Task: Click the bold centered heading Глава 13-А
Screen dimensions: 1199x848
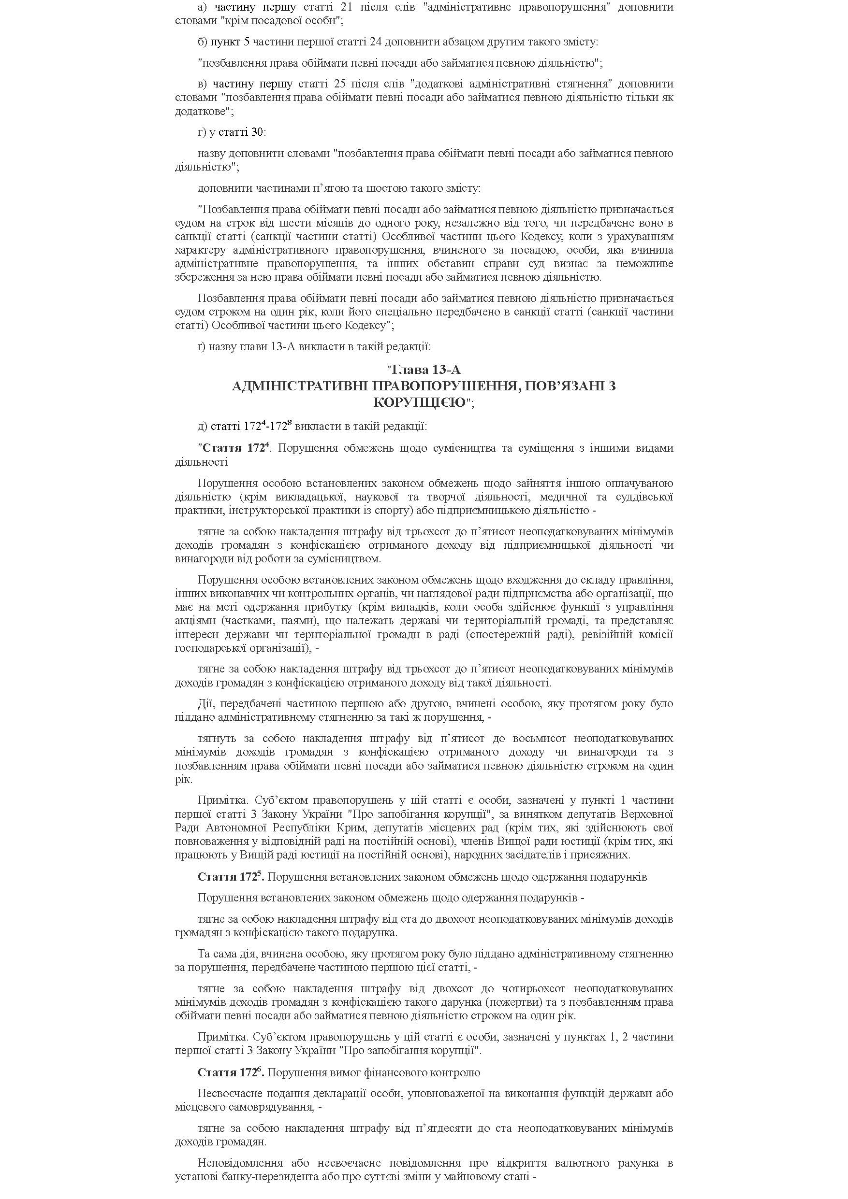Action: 425,370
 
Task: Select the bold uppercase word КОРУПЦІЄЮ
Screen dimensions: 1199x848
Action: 420,402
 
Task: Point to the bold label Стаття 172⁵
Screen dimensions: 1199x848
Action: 230,877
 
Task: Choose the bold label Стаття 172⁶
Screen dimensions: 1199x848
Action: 230,1072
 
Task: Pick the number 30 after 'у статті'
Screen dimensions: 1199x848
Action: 258,132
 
